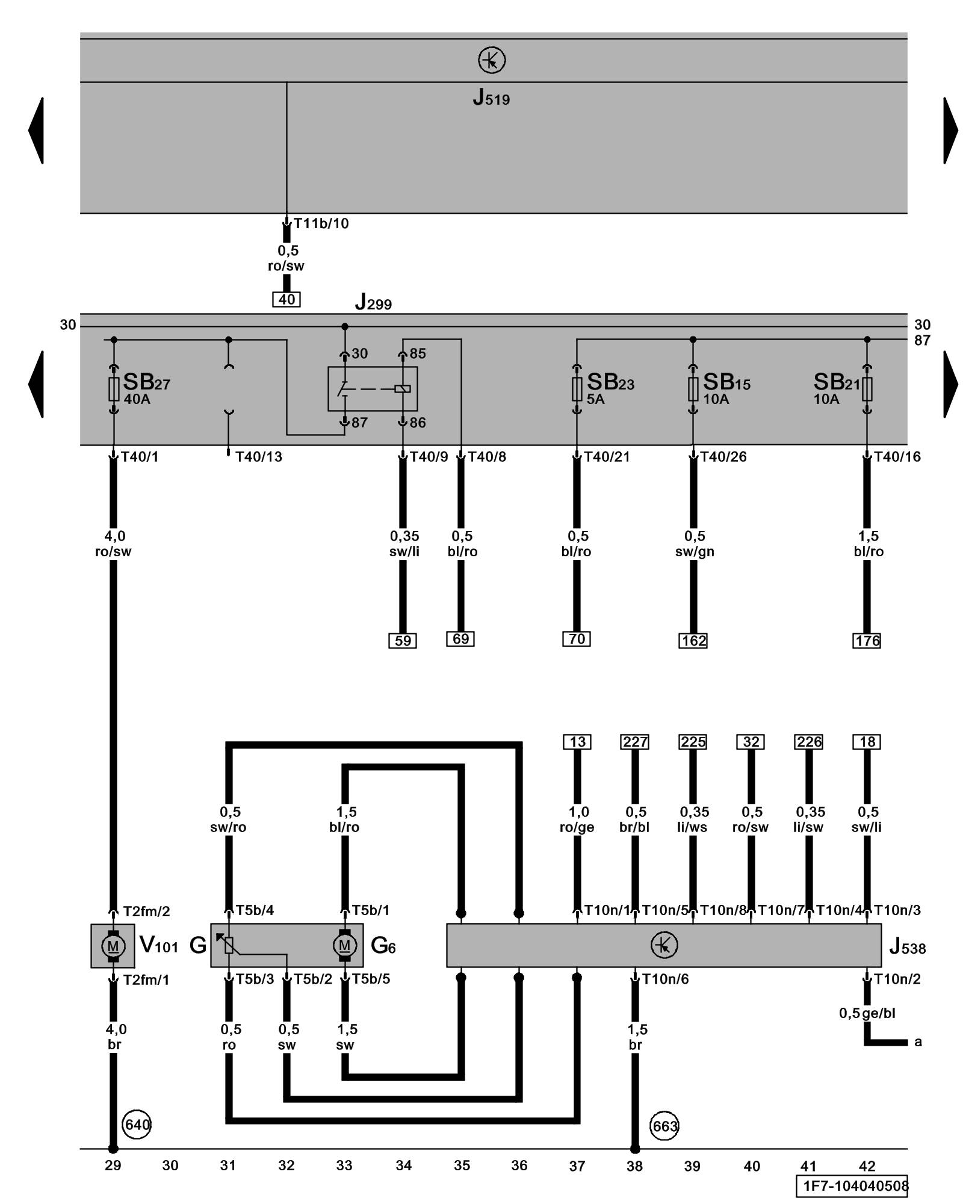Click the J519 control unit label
[x=491, y=98]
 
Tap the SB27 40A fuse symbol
[x=114, y=389]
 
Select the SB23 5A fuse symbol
[x=577, y=389]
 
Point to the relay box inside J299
[x=373, y=389]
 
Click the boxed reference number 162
[x=693, y=641]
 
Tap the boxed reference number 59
[x=403, y=641]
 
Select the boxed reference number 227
[x=635, y=742]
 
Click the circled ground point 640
[x=137, y=1125]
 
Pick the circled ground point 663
[x=664, y=1126]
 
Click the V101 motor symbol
[x=113, y=946]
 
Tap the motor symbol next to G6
[x=344, y=945]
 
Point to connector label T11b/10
[x=321, y=223]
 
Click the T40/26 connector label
[x=723, y=457]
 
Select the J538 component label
[x=907, y=948]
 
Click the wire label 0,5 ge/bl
[x=867, y=1013]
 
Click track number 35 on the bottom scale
[x=462, y=1165]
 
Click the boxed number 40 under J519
[x=286, y=299]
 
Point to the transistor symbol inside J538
[x=664, y=945]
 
